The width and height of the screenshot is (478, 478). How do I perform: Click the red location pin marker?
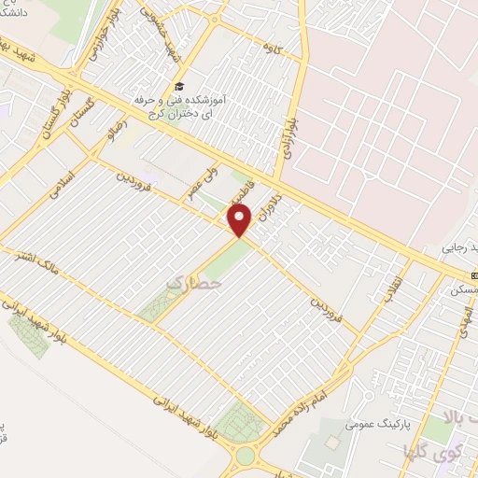241,221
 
